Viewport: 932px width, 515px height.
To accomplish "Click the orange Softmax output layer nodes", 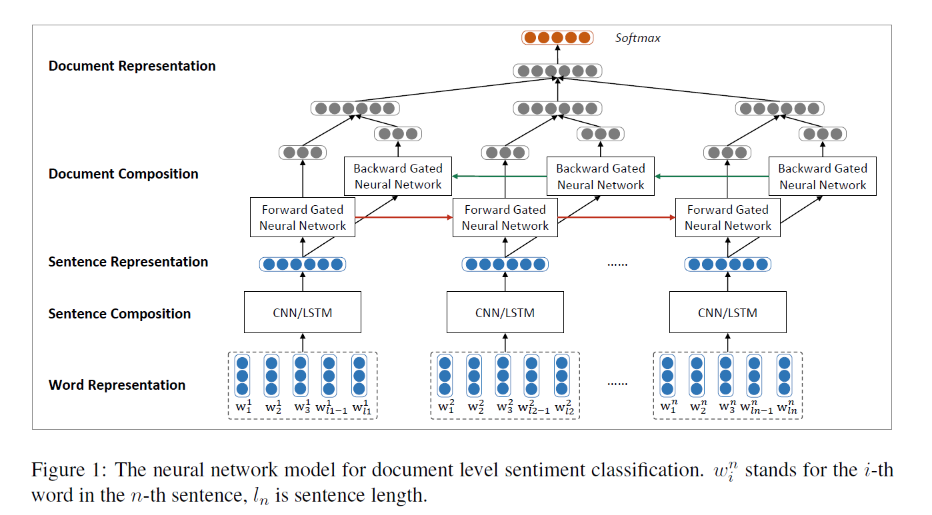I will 557,37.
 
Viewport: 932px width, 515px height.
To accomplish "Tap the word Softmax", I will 637,38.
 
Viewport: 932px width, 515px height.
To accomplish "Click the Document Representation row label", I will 132,66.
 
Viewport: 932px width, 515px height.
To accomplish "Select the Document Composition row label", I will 123,174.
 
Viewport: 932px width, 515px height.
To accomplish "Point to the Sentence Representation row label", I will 128,262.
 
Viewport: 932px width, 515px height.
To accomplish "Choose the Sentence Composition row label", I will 119,314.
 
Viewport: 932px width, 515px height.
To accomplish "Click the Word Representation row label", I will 117,385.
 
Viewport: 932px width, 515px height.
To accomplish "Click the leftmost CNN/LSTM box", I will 303,312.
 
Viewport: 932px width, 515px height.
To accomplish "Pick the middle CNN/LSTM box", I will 505,312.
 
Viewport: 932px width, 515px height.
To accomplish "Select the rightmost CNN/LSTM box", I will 727,312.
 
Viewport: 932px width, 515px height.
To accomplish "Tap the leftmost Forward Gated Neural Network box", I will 303,217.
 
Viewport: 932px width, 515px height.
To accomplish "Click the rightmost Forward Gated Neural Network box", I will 727,217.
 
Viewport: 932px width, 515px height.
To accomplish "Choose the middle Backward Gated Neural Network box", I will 601,177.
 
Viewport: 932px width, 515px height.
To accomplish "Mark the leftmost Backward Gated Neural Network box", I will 398,177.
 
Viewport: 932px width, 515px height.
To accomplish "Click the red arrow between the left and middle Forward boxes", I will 403,217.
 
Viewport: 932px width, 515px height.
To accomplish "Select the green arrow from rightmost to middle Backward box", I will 711,177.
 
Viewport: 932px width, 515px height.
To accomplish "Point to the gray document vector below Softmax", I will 557,71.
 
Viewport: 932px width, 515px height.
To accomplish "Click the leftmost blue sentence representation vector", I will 303,264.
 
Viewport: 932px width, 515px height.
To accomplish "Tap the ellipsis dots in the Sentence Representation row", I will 617,264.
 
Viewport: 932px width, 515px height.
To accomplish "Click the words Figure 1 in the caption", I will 66,470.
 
